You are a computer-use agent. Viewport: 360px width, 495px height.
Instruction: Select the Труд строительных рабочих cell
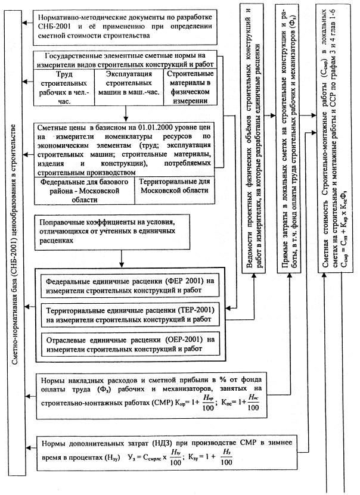click(60, 86)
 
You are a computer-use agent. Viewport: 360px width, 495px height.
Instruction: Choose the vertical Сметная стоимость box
click(337, 119)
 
